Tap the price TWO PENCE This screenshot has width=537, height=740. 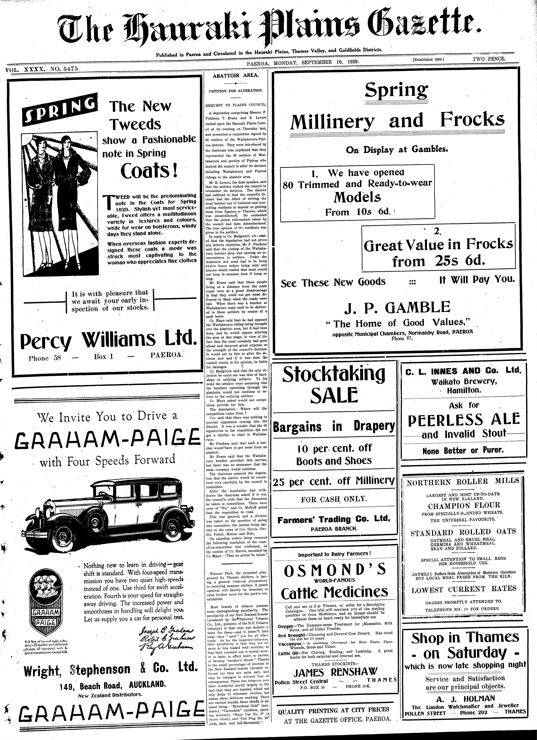click(489, 59)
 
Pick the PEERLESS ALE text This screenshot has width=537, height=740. click(464, 419)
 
